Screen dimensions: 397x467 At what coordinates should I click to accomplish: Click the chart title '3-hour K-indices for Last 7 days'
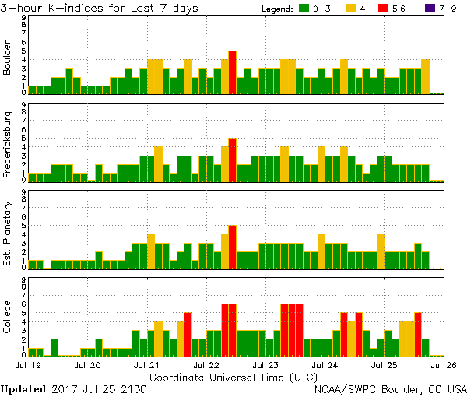99,8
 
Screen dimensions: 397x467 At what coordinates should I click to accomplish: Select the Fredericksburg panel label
8,144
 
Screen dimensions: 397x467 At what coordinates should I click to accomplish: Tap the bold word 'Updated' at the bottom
24,388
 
